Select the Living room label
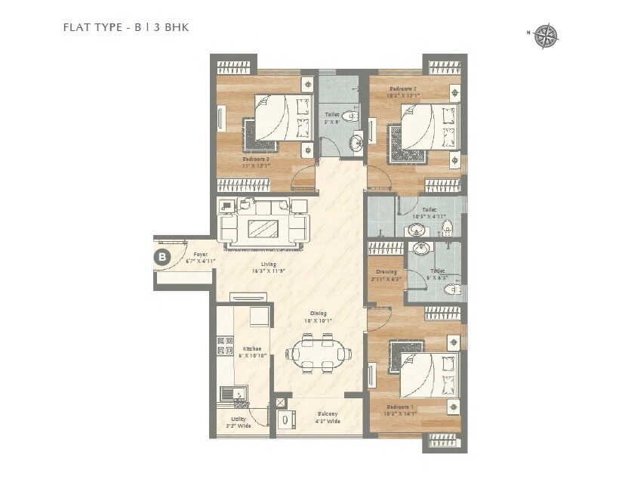[261, 267]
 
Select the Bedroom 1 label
[399, 410]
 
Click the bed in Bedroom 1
[427, 374]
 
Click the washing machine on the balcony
[284, 420]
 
